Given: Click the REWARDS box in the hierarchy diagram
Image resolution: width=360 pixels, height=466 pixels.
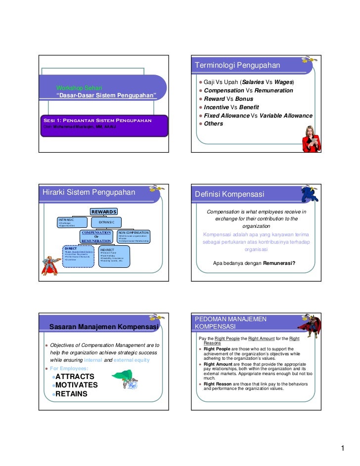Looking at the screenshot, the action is (103, 212).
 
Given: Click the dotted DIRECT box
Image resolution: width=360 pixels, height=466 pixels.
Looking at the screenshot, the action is (79, 256).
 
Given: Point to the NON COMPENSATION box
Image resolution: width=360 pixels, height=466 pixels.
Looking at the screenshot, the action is (134, 236).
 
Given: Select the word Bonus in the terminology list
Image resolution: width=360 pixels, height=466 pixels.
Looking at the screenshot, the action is (244, 99).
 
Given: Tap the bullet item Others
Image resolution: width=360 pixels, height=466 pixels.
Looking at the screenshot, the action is (214, 124).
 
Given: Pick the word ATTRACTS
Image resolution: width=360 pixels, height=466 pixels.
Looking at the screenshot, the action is (75, 377).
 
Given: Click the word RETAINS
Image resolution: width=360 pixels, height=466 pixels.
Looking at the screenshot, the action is (71, 394).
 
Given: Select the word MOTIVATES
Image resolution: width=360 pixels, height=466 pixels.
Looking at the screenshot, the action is (77, 385).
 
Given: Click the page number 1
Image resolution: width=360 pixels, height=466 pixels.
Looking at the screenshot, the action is (342, 448).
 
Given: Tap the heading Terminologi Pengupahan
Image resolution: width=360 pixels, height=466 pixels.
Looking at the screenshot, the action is (237, 65).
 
